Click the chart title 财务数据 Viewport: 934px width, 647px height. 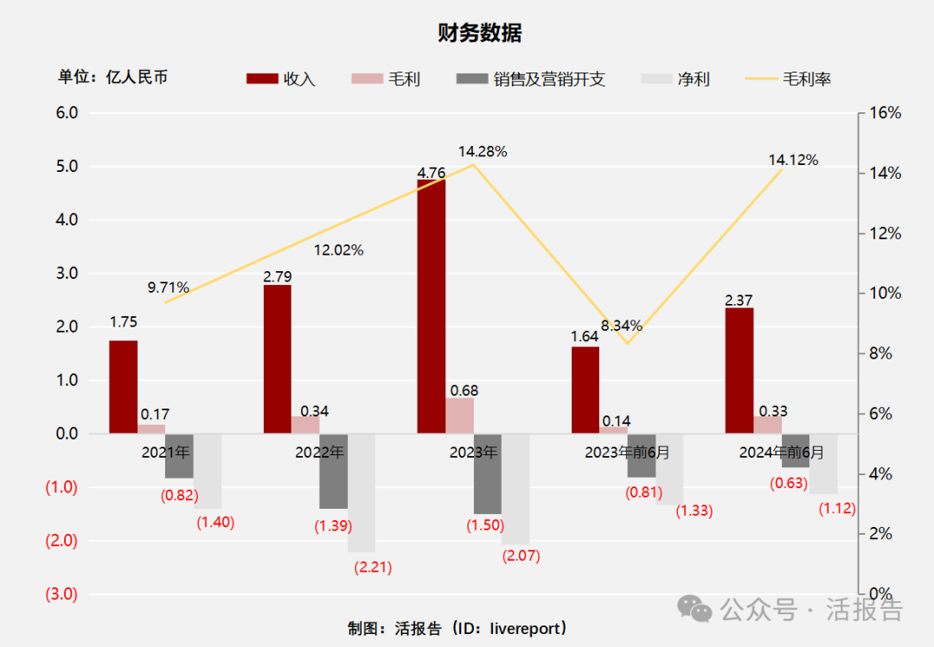click(479, 34)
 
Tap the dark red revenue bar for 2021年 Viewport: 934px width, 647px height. click(123, 387)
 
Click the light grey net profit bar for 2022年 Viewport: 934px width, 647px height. click(361, 492)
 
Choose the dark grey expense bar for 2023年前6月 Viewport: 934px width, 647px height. click(642, 455)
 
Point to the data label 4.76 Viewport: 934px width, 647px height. click(431, 173)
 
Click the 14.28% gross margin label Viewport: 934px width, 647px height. click(483, 151)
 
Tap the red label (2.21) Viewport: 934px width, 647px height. click(373, 568)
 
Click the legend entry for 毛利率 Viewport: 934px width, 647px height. click(788, 79)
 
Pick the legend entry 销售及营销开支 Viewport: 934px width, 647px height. click(530, 79)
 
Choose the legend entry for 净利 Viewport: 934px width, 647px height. click(675, 79)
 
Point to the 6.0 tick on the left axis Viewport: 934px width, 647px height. click(67, 113)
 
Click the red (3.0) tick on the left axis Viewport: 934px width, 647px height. click(61, 594)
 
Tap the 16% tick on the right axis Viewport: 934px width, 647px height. click(884, 113)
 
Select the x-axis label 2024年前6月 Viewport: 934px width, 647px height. click(781, 452)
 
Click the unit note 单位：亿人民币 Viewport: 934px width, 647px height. click(112, 77)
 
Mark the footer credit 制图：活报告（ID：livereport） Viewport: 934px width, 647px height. click(457, 628)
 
